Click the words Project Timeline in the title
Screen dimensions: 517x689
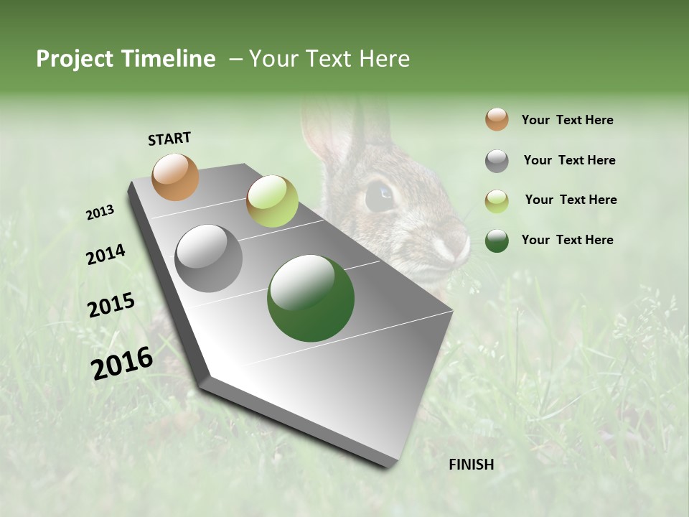(126, 59)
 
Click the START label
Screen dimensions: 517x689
(169, 139)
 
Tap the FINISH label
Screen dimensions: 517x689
(471, 465)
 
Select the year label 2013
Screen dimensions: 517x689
(100, 213)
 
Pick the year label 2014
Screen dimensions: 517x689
(106, 255)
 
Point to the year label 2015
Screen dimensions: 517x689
(111, 305)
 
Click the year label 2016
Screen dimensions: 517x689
(122, 363)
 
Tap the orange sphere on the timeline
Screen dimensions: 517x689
(176, 177)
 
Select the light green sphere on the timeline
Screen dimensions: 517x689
(272, 201)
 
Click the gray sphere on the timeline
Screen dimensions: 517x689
(209, 258)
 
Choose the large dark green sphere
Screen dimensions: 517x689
(311, 298)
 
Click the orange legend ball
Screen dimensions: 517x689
(497, 119)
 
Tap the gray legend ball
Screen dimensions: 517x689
(497, 161)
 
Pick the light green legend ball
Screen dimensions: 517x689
(497, 201)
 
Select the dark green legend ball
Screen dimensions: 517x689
(497, 241)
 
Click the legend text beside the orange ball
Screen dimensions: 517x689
(567, 120)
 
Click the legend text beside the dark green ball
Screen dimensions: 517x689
(567, 240)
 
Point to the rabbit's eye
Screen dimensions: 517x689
(380, 196)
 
